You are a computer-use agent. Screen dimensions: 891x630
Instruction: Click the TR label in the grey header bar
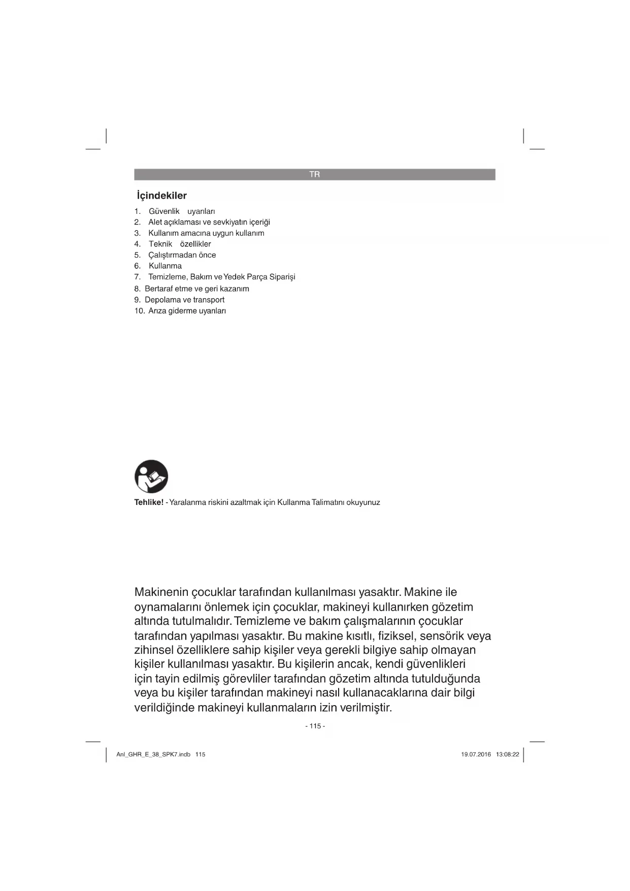pyautogui.click(x=315, y=174)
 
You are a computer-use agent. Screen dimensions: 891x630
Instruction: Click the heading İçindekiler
pyautogui.click(x=162, y=196)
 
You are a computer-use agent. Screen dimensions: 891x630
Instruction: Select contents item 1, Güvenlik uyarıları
pyautogui.click(x=182, y=211)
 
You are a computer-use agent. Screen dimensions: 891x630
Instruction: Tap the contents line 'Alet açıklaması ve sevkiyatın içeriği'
pyautogui.click(x=209, y=222)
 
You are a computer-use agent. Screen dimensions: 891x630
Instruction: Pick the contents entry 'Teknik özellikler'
pyautogui.click(x=180, y=244)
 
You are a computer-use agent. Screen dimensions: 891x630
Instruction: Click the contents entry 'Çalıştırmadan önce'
pyautogui.click(x=182, y=255)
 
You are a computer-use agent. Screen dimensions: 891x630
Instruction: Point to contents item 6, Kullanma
pyautogui.click(x=165, y=266)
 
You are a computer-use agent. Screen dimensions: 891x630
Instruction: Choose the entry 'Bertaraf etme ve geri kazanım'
pyautogui.click(x=196, y=289)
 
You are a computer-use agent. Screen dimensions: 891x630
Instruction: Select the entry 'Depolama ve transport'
pyautogui.click(x=184, y=300)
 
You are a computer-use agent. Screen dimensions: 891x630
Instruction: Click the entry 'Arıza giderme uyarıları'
pyautogui.click(x=187, y=311)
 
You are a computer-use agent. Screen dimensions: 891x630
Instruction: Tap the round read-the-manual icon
pyautogui.click(x=151, y=476)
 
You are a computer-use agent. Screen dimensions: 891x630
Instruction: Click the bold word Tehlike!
pyautogui.click(x=149, y=502)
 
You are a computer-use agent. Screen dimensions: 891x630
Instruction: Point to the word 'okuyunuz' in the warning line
pyautogui.click(x=363, y=502)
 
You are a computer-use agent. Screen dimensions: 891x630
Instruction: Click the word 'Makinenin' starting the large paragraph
pyautogui.click(x=161, y=592)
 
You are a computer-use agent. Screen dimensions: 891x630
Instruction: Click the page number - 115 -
pyautogui.click(x=315, y=726)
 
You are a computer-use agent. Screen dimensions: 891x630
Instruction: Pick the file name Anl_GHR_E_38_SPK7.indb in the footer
pyautogui.click(x=153, y=754)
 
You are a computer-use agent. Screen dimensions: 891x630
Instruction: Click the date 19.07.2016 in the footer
pyautogui.click(x=476, y=754)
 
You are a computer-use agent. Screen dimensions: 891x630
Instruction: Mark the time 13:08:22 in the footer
pyautogui.click(x=507, y=754)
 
